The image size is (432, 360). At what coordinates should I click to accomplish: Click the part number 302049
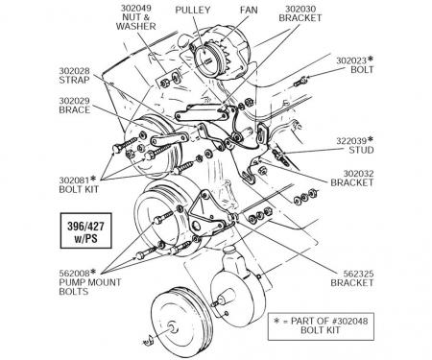coord(135,8)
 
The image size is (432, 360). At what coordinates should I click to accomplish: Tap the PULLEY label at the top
coord(193,10)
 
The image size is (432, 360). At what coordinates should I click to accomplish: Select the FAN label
coord(249,10)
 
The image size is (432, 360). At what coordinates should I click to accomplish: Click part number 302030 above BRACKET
coord(300,9)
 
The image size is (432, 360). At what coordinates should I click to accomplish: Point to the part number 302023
coord(351,60)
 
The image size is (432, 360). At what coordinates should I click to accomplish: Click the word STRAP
coord(74,80)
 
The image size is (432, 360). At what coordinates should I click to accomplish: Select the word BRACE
coord(74,109)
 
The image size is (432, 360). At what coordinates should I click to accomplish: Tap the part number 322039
coord(351,141)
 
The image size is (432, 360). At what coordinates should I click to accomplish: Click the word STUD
coord(361,150)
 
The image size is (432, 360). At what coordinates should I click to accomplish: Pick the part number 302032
coord(358,174)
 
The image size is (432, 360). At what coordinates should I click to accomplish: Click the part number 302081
coord(74,180)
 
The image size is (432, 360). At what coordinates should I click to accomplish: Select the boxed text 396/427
coord(85,227)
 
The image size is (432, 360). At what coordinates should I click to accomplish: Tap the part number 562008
coord(74,274)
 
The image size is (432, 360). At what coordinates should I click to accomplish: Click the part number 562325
coord(358,274)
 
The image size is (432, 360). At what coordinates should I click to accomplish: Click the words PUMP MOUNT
coord(90,282)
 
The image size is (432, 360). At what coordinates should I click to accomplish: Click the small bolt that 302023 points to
coord(300,82)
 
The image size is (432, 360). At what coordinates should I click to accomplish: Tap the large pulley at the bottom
coord(181,324)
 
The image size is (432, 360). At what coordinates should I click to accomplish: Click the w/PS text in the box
coord(85,238)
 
